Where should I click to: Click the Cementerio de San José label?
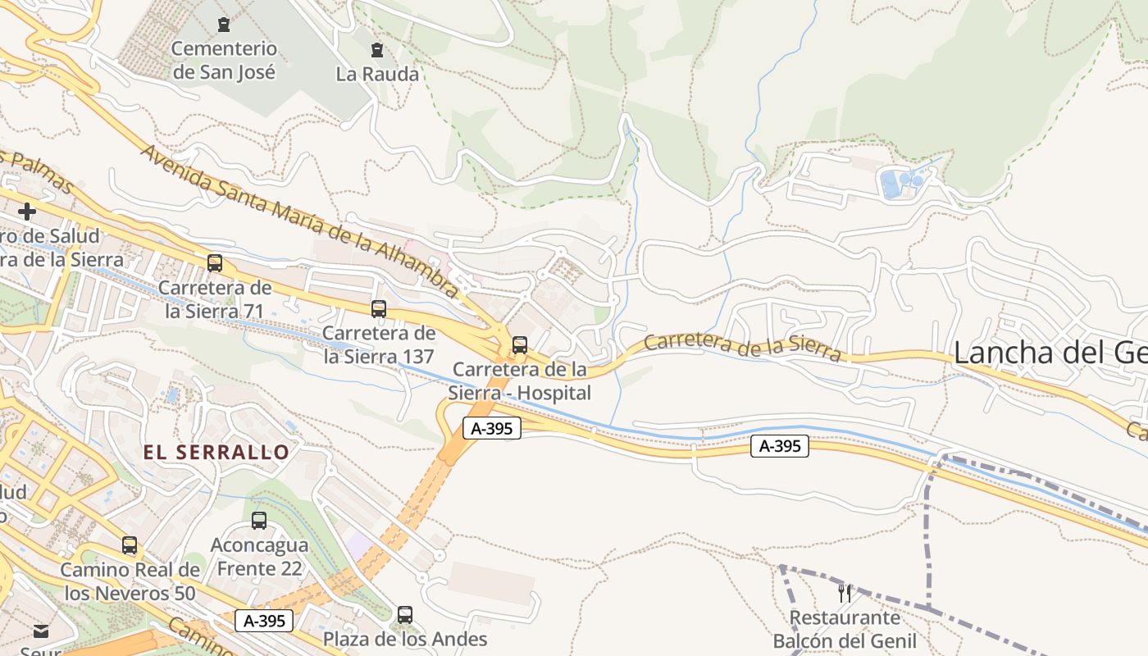[224, 61]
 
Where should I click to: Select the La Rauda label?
[377, 74]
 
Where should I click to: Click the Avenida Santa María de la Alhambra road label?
[299, 221]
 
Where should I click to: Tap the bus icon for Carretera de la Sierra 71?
[215, 263]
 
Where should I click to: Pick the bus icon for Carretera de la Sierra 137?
[379, 309]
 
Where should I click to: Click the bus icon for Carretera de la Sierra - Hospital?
[520, 345]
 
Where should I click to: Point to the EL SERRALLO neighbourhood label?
[216, 452]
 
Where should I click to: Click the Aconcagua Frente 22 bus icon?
[259, 521]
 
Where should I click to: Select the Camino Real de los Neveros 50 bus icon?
[130, 545]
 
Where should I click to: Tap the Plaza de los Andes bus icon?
[405, 615]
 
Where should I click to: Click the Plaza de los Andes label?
[405, 639]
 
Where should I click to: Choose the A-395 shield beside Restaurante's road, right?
[779, 446]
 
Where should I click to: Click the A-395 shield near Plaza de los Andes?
[264, 621]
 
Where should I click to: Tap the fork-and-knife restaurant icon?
[845, 593]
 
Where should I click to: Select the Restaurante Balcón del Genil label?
[845, 629]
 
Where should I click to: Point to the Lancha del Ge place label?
[1050, 353]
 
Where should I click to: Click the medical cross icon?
[27, 212]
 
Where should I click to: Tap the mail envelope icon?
[41, 631]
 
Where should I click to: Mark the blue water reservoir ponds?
[900, 182]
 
